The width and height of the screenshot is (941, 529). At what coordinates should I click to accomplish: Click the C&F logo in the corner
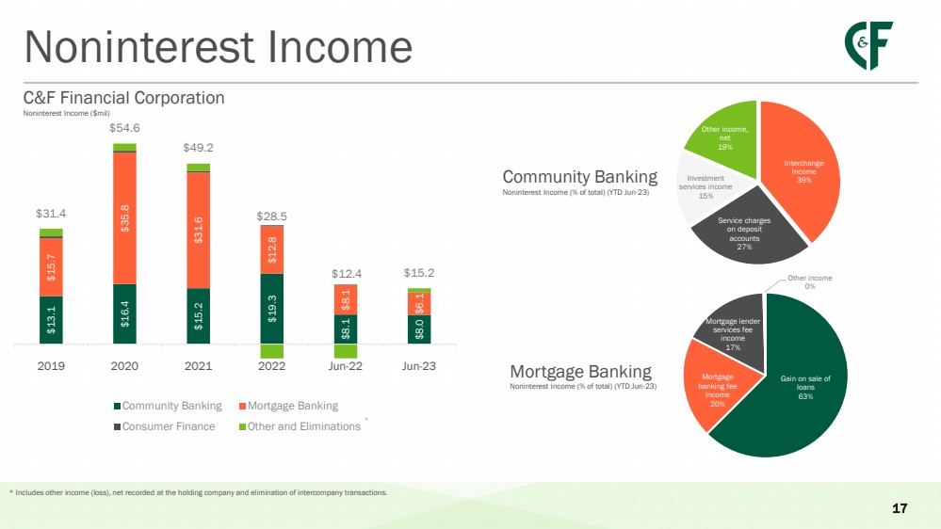click(868, 45)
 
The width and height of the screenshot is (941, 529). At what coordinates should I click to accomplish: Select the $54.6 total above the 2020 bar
click(124, 128)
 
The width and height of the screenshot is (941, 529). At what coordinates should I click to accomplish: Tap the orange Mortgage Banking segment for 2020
click(124, 218)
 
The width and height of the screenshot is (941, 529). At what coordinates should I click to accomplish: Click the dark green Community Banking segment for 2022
click(272, 309)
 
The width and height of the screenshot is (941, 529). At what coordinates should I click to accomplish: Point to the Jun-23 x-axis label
click(419, 366)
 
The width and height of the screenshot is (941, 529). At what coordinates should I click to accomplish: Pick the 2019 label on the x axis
click(51, 366)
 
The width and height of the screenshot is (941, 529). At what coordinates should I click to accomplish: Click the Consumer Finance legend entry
click(165, 426)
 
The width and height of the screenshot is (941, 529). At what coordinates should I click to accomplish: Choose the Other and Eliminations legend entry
click(300, 426)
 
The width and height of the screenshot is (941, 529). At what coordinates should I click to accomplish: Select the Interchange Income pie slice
click(802, 171)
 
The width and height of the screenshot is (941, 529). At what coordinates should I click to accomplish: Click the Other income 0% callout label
click(809, 281)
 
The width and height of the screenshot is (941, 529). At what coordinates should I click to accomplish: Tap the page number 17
click(900, 508)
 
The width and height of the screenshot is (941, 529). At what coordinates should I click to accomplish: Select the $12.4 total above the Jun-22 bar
click(347, 274)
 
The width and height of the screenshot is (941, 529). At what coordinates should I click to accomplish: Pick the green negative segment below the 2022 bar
click(272, 351)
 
